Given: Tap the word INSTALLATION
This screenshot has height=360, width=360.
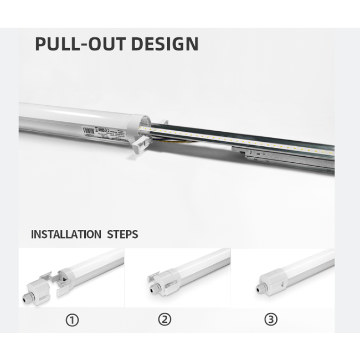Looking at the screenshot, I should [65, 234].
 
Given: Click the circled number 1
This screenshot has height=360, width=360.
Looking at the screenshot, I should [72, 320].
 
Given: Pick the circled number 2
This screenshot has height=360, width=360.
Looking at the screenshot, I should [164, 320].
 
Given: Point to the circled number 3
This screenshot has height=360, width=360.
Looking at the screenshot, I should [270, 320].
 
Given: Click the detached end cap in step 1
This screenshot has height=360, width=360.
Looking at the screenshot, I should [37, 290].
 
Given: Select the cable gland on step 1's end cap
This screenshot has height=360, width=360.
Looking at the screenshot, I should [25, 297].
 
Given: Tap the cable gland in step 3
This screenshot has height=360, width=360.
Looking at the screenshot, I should [258, 286].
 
